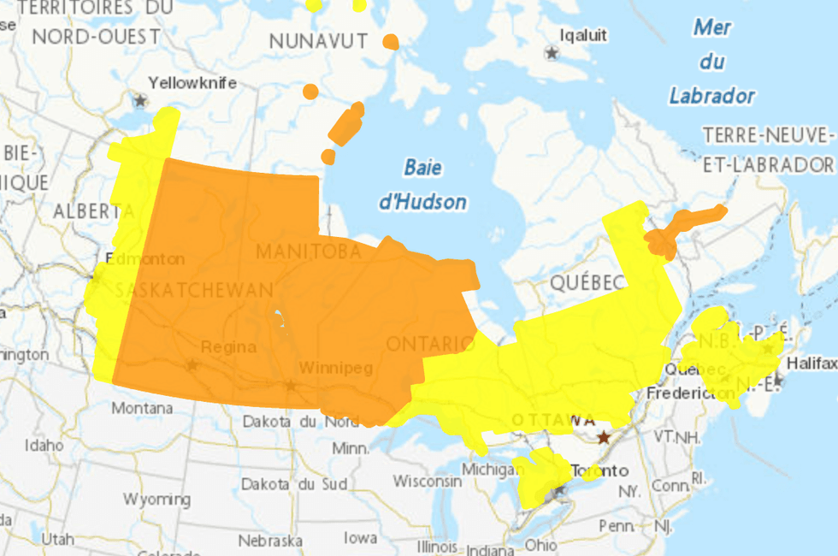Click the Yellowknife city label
[x=192, y=83]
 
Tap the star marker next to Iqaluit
[x=552, y=53]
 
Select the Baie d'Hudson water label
[x=422, y=185]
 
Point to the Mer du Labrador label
[x=711, y=62]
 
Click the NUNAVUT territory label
[x=318, y=41]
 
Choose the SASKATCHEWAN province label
[x=194, y=290]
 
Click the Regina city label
[x=228, y=346]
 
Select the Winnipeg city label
[x=336, y=369]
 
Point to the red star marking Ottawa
[x=605, y=437]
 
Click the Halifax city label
[x=811, y=364]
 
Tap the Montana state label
[x=142, y=408]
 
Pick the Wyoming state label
[x=156, y=499]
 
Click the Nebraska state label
[x=270, y=541]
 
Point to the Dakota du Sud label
[x=294, y=484]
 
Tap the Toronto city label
[x=599, y=470]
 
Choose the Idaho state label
[x=44, y=445]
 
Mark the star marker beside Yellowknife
[x=140, y=100]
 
